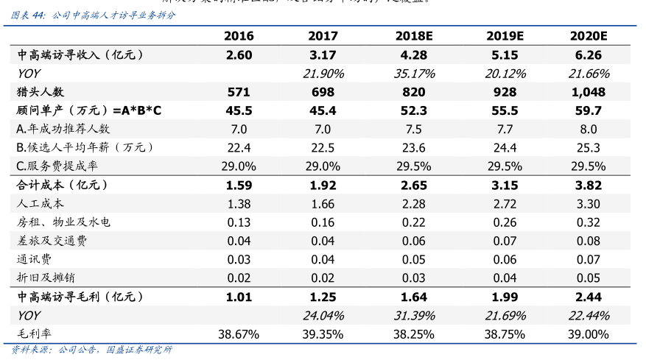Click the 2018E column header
click(415, 36)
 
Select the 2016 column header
click(239, 36)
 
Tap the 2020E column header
click(589, 36)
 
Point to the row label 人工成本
click(41, 203)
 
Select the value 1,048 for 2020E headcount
click(589, 92)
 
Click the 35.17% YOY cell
click(415, 74)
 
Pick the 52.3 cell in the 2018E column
click(415, 110)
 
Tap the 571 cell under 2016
click(239, 92)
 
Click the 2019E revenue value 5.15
click(505, 54)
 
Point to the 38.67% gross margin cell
click(239, 333)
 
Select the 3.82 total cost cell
click(589, 185)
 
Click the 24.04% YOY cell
click(323, 315)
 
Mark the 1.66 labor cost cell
click(323, 203)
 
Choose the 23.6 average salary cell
click(415, 147)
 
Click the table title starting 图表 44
click(93, 15)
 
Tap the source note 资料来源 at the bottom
click(93, 350)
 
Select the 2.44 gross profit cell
click(589, 297)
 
